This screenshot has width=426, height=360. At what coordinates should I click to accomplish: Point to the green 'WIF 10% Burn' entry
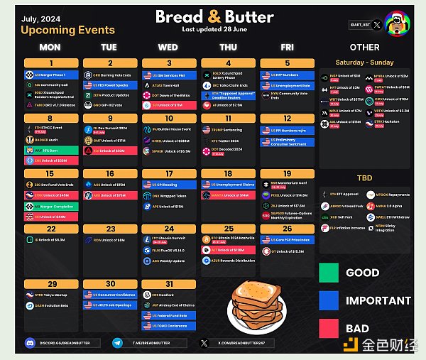pos(50,150)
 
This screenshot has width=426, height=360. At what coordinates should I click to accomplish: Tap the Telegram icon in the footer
pos(118,343)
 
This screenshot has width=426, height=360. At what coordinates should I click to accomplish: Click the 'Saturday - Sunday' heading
pos(364,62)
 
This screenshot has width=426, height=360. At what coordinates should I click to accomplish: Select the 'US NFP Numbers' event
pos(285,74)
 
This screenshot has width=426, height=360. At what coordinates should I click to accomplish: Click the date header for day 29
pos(50,283)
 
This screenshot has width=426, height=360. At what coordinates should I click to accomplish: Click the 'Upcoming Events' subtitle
pos(67,30)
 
